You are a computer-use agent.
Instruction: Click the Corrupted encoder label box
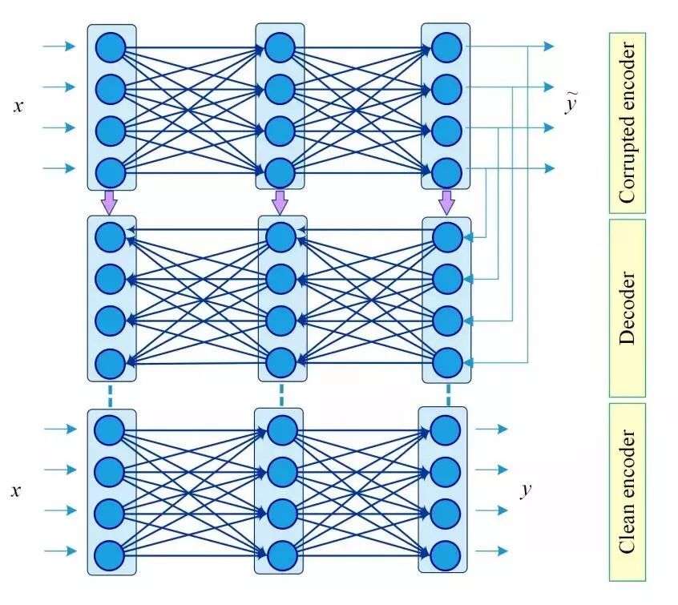pos(627,123)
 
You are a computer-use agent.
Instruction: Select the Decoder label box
pos(627,308)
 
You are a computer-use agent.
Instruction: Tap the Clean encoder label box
pos(627,492)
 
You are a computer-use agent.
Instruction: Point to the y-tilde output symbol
pos(571,104)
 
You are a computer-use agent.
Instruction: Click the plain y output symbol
pos(526,490)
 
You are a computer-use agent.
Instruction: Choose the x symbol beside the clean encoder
pos(16,490)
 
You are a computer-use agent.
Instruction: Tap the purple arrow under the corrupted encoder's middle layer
pos(280,202)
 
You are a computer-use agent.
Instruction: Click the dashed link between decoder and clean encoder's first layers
pos(111,395)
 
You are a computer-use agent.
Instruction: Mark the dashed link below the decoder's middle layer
pos(280,395)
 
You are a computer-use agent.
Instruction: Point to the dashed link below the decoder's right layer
pos(447,395)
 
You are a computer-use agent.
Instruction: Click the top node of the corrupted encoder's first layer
pos(111,46)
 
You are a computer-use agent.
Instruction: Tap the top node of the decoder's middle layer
pos(280,236)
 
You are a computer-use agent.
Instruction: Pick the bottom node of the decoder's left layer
pos(111,363)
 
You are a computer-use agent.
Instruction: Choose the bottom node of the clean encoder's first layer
pos(111,554)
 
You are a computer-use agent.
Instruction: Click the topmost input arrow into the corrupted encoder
pos(59,46)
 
